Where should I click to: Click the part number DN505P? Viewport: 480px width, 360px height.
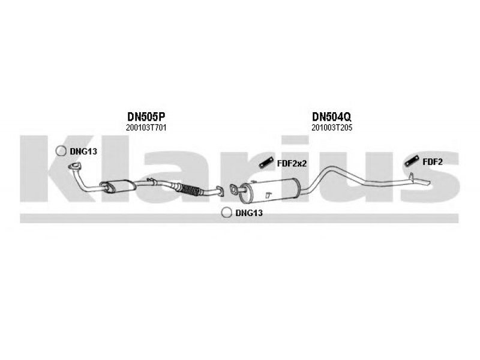tap(146, 116)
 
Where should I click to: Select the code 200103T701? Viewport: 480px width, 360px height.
tap(146, 128)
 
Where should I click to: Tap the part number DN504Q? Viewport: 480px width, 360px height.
tap(332, 116)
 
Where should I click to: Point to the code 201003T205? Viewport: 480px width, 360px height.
tap(332, 128)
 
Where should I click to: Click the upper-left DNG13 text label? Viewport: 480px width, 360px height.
tap(83, 151)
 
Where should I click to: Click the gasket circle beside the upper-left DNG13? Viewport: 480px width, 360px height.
tap(61, 151)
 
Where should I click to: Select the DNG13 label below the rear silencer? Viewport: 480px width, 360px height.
tap(249, 213)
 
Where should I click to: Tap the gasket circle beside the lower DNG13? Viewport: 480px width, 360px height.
tap(227, 212)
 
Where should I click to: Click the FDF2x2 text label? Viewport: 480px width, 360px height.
tap(292, 163)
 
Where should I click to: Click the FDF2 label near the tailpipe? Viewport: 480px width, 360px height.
tap(433, 162)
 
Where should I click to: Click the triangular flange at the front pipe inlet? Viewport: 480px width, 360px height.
tap(74, 167)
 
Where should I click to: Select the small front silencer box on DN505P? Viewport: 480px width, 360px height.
tap(118, 186)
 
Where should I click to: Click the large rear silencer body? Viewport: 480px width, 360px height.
tap(269, 191)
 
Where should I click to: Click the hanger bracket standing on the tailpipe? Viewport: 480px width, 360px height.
tap(412, 176)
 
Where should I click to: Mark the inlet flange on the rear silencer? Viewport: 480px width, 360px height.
tap(234, 190)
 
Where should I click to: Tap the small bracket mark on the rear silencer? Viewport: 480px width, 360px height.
tap(268, 194)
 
